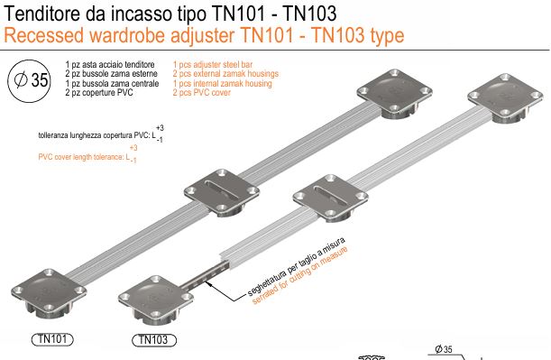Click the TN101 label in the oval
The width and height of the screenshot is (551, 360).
pyautogui.click(x=52, y=339)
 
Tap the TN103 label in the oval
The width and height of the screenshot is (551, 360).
pyautogui.click(x=154, y=340)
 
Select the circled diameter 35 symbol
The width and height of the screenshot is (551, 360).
pyautogui.click(x=30, y=81)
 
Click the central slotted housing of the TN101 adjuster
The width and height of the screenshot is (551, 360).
pyautogui.click(x=222, y=192)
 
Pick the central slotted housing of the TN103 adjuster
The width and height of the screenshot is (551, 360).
pyautogui.click(x=330, y=198)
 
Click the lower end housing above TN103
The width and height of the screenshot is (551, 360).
pyautogui.click(x=156, y=300)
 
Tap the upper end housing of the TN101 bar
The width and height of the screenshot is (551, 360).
pyautogui.click(x=394, y=93)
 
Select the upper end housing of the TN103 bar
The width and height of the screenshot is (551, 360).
pyautogui.click(x=505, y=97)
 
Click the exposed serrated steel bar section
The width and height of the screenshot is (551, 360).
pyautogui.click(x=205, y=277)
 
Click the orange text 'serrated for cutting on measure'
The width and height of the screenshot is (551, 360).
pyautogui.click(x=301, y=275)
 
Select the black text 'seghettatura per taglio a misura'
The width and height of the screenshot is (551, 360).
pyautogui.click(x=297, y=267)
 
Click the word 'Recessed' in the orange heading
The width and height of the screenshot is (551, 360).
pyautogui.click(x=44, y=35)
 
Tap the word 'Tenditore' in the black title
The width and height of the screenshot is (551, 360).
pyautogui.click(x=42, y=14)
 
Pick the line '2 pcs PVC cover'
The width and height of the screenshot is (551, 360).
pyautogui.click(x=201, y=93)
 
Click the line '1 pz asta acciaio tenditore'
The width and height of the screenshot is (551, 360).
pyautogui.click(x=110, y=65)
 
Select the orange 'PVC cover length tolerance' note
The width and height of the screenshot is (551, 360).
pyautogui.click(x=87, y=154)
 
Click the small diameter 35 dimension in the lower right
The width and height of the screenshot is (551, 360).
pyautogui.click(x=444, y=349)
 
